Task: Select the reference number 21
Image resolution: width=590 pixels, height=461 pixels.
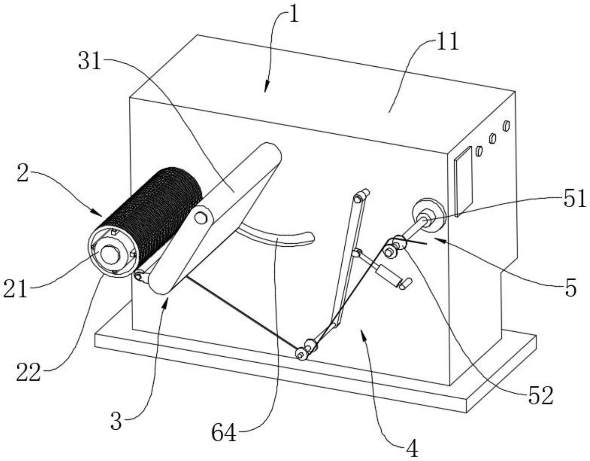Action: pyautogui.click(x=16, y=290)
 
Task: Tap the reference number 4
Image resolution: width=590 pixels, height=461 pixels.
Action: pyautogui.click(x=412, y=449)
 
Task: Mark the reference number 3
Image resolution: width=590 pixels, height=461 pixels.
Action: pyautogui.click(x=116, y=421)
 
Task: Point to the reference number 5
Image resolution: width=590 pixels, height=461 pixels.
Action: pyautogui.click(x=570, y=288)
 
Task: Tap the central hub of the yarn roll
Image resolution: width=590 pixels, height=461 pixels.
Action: pyautogui.click(x=110, y=254)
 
